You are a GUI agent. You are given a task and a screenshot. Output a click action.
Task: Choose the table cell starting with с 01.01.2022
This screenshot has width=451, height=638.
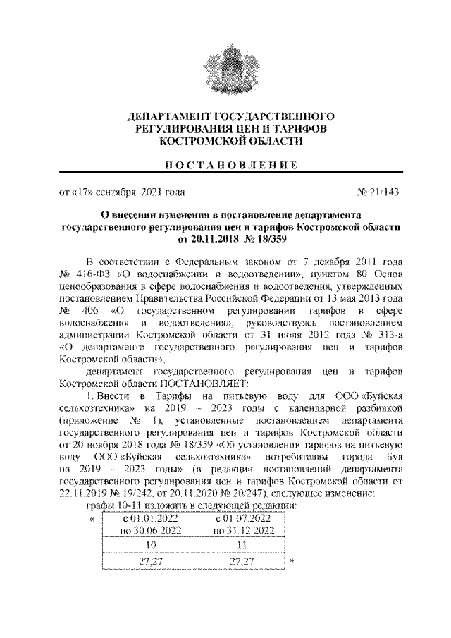coord(147,524)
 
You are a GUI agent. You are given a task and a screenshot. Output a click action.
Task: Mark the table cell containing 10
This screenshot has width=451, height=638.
coord(147,545)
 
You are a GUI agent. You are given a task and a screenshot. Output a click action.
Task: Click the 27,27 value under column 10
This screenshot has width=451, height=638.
coord(147,562)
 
